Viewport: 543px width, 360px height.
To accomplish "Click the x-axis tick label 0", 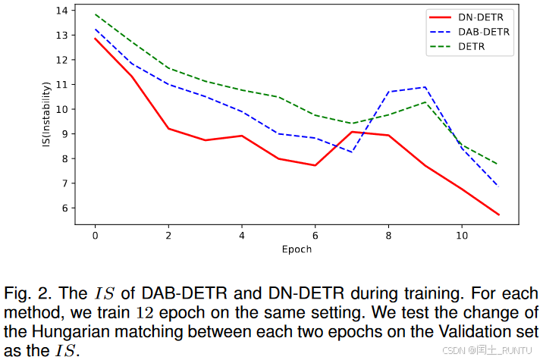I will pyautogui.click(x=95, y=235).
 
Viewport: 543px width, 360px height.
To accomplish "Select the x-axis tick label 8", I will pyautogui.click(x=388, y=235).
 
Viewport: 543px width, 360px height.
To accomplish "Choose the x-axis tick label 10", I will pyautogui.click(x=462, y=235).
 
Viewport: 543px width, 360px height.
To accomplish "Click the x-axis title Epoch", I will pyautogui.click(x=297, y=249).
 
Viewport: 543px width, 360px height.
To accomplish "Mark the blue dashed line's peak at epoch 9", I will pyautogui.click(x=425, y=87).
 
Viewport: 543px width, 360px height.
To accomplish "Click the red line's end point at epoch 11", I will pyautogui.click(x=498, y=214).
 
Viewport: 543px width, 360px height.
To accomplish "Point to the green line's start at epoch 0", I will pyautogui.click(x=95, y=14).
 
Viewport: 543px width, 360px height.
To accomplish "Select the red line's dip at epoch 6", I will pyautogui.click(x=315, y=165).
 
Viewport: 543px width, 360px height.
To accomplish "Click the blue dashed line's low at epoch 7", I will pyautogui.click(x=352, y=152).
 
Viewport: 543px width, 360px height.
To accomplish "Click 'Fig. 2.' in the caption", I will pyautogui.click(x=29, y=293).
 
